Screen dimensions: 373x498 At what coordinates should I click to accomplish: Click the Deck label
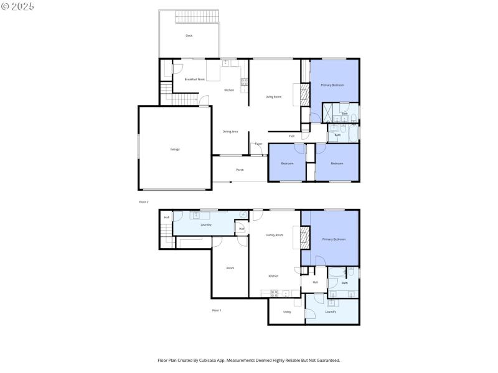pos(189,35)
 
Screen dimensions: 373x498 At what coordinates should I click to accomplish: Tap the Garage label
pos(175,149)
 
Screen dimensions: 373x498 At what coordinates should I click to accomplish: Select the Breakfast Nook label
pos(194,79)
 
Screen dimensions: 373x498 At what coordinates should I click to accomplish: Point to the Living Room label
pos(273,96)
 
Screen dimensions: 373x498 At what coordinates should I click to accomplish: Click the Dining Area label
pos(230,131)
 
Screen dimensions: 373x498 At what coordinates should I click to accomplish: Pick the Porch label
pos(240,170)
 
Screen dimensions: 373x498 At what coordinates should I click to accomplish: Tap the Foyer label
pos(258,144)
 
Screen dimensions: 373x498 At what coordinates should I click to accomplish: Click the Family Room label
pos(275,235)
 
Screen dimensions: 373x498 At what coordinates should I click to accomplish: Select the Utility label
pos(287,311)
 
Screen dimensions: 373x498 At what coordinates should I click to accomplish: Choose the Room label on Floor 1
pos(230,268)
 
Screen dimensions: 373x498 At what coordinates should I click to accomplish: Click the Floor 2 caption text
pos(144,202)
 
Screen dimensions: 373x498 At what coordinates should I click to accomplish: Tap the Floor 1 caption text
pos(217,310)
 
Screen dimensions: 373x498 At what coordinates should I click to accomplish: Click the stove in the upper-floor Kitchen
pos(245,81)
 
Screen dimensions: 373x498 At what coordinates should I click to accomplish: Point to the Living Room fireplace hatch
pos(305,95)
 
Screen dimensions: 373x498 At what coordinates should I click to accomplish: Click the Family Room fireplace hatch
pos(305,237)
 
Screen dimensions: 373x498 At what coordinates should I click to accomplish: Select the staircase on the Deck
pos(199,17)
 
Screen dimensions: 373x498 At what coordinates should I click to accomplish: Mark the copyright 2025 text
pos(18,6)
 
